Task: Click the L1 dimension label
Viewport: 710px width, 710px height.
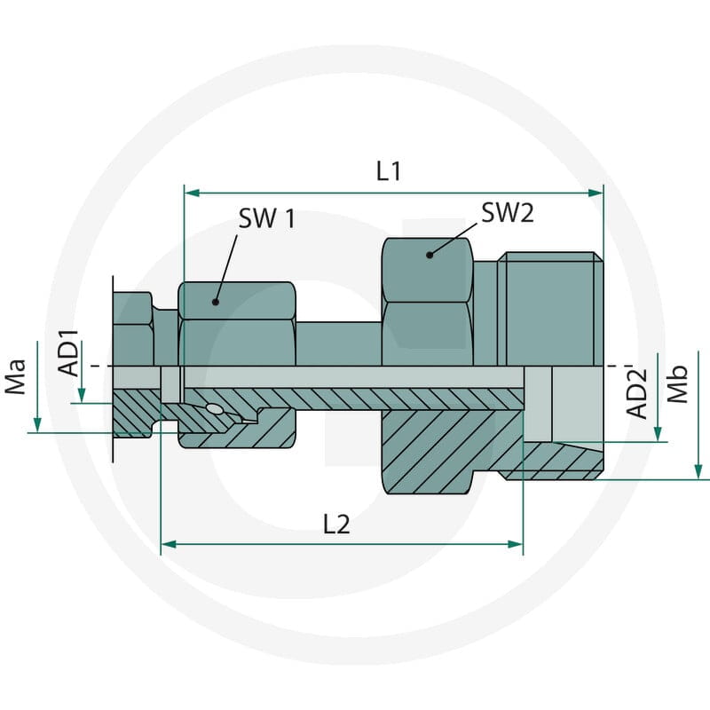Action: click(389, 171)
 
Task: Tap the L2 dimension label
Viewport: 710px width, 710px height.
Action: click(336, 525)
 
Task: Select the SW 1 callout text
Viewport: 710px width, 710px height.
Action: click(267, 218)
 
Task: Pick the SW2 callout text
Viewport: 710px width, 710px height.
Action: click(507, 212)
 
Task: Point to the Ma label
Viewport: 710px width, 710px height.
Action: click(15, 376)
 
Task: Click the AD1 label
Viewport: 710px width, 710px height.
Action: click(69, 353)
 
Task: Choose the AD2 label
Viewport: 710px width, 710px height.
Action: click(636, 392)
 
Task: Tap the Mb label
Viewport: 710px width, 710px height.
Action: click(677, 384)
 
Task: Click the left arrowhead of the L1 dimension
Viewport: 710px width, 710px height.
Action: click(193, 193)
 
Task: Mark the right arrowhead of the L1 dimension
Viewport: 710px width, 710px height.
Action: click(596, 193)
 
